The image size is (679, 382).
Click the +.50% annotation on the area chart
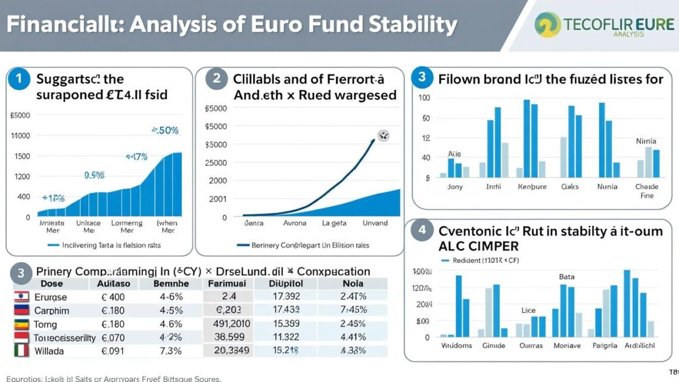coord(164,130)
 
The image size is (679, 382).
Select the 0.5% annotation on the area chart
coord(94,175)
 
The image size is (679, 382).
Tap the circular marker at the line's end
coord(382,136)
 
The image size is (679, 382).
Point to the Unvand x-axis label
coord(375,223)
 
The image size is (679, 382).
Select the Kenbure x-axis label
coord(532,187)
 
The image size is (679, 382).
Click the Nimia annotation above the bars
coord(646,141)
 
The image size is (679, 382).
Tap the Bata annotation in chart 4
coord(566,277)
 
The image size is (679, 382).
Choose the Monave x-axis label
coord(567,346)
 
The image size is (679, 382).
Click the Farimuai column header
coord(227,284)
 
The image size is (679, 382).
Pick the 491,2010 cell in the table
coord(232,324)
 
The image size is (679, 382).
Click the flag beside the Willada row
coord(22,350)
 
